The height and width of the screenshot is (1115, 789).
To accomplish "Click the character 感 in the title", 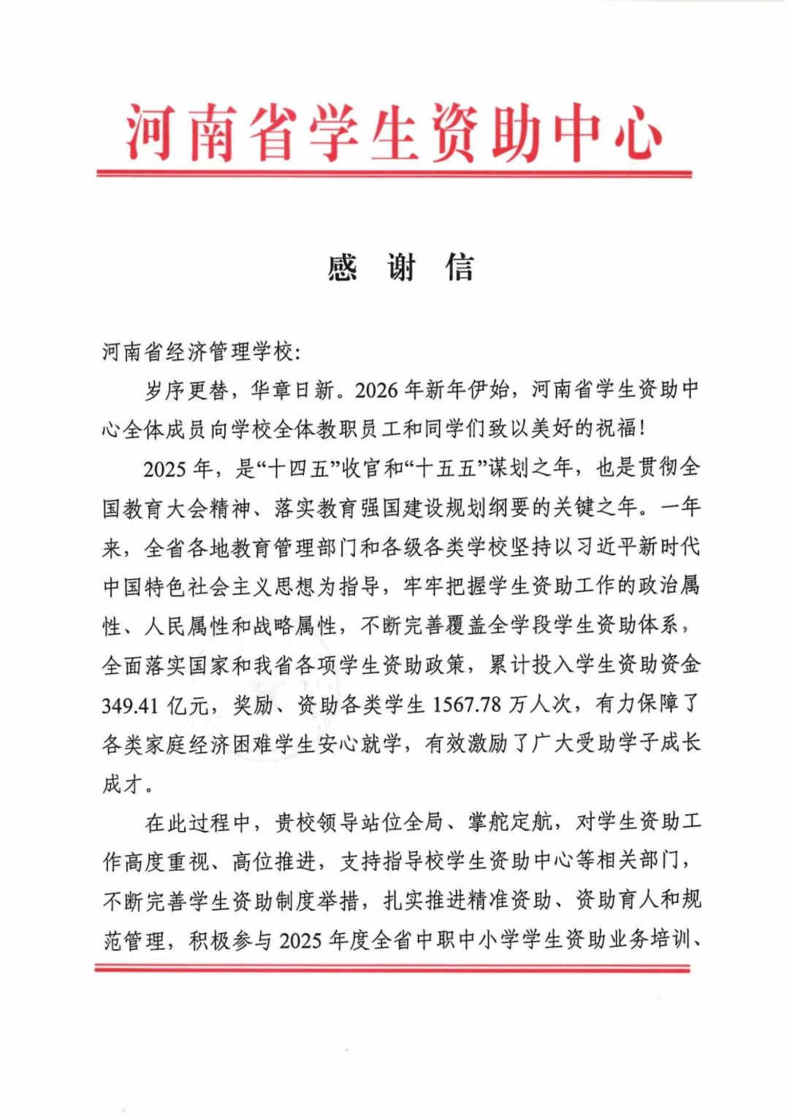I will [x=343, y=268].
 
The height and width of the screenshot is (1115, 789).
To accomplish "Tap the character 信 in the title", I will [x=460, y=268].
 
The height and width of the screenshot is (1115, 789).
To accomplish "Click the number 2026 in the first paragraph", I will [x=377, y=391].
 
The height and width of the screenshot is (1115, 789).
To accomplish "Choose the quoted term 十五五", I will [x=445, y=469].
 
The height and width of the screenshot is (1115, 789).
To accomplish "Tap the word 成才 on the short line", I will [x=122, y=784].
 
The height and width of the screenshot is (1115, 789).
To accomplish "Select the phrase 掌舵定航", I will [x=510, y=823].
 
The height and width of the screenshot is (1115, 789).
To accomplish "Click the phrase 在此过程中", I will [x=199, y=823].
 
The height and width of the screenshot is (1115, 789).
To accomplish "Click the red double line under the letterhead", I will [x=394, y=174].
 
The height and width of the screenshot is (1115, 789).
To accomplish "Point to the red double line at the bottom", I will [x=392, y=968].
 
